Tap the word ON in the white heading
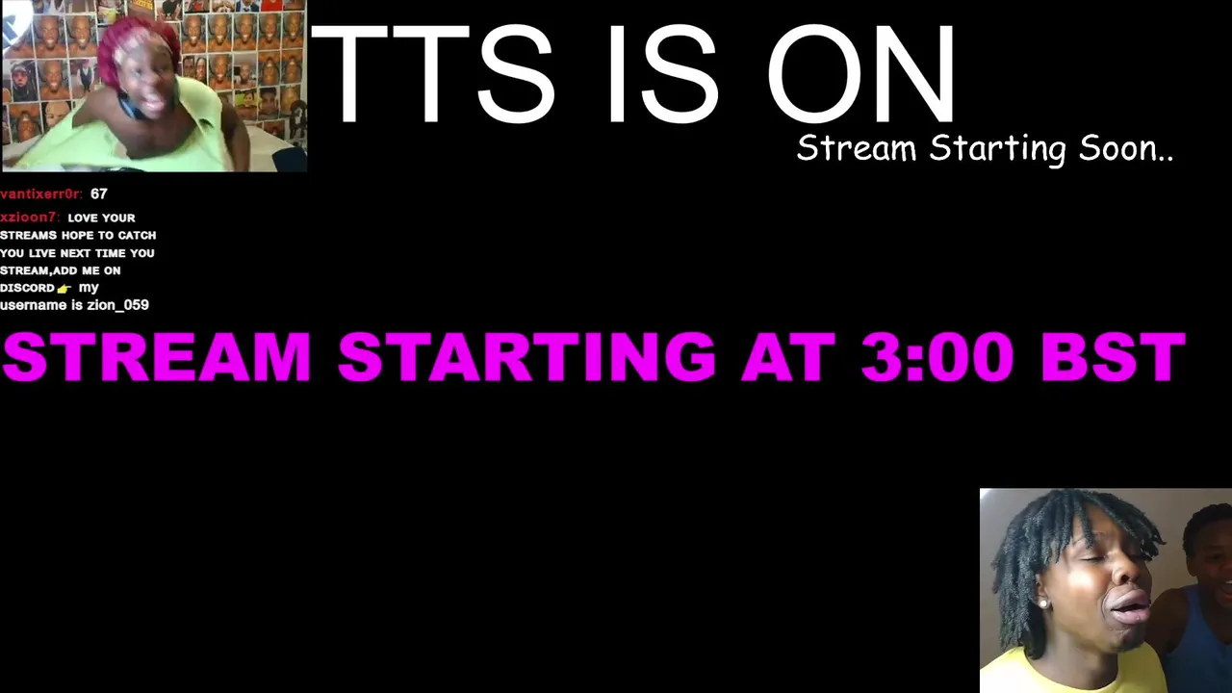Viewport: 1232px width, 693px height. point(861,74)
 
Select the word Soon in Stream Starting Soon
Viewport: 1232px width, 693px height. point(1126,148)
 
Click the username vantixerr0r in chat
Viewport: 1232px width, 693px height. point(41,193)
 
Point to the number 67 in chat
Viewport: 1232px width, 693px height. point(99,193)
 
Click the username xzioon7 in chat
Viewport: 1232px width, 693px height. point(30,218)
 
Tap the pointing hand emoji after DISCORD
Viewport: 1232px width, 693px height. point(64,288)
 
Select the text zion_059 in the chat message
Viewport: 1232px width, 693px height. point(117,305)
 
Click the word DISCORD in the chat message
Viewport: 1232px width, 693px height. point(28,288)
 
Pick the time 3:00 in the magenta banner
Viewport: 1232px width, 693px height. point(937,356)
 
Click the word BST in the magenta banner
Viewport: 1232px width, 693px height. point(1114,356)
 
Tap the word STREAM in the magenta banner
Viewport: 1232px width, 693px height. point(157,356)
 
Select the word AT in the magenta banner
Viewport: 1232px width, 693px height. point(788,356)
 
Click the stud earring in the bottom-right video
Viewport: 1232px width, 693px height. point(1041,603)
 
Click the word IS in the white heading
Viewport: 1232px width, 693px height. point(663,74)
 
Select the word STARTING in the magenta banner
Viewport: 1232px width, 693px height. point(526,356)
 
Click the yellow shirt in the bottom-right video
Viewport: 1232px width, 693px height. point(1072,672)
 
